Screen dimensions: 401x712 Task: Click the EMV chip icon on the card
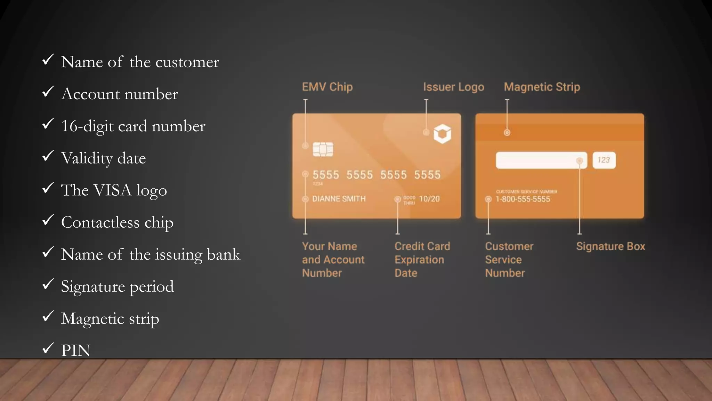[323, 149]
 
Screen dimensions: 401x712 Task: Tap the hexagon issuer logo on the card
[442, 134]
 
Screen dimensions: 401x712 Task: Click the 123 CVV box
[604, 160]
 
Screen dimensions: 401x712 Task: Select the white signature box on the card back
[541, 160]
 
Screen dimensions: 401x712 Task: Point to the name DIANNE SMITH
[339, 199]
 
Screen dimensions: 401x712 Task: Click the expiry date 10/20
[429, 199]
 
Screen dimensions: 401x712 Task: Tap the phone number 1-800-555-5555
[523, 199]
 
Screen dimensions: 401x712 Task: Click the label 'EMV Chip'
[327, 87]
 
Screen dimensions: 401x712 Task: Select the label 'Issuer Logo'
[453, 87]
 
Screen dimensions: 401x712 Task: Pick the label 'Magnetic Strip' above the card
[542, 87]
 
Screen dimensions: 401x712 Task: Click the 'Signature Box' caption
[610, 246]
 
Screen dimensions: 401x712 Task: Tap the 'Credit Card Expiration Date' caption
[422, 260]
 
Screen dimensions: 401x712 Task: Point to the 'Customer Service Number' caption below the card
[509, 260]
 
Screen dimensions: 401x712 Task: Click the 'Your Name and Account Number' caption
[333, 260]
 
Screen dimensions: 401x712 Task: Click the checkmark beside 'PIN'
[48, 348]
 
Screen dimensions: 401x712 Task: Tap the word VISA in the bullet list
[113, 190]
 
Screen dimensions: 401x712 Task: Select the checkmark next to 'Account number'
[48, 92]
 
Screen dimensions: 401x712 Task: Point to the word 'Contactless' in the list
[100, 222]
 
